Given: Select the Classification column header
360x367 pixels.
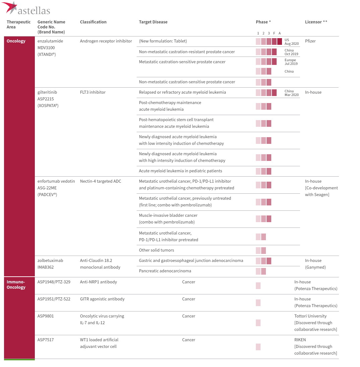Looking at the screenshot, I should point(93,22).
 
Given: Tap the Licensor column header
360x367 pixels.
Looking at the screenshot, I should point(316,22).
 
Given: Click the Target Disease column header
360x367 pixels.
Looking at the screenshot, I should point(153,22).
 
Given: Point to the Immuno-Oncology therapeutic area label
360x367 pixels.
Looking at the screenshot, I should point(16,284).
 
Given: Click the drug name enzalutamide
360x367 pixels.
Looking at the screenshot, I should point(50,41).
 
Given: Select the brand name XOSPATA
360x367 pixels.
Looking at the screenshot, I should point(48,106).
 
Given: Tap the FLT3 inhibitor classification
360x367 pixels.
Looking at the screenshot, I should point(92,92).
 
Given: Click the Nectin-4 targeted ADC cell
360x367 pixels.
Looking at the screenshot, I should point(100,181).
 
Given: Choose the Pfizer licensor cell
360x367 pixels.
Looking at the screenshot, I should point(310,41).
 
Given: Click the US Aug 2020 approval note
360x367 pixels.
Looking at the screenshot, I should point(291,42).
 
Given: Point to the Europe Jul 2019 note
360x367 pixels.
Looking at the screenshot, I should point(291,62).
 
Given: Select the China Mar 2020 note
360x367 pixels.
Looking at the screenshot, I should point(291,93).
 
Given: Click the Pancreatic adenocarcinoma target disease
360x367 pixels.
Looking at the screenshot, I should point(165,271).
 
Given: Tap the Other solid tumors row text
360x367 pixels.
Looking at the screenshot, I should point(156,250).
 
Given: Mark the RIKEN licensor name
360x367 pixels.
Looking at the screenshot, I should point(300,340).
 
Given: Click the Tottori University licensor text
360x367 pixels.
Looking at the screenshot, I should point(310,316).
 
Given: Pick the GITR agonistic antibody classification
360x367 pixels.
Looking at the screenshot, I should point(102,299).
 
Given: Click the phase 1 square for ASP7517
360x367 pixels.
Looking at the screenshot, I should point(258,347).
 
